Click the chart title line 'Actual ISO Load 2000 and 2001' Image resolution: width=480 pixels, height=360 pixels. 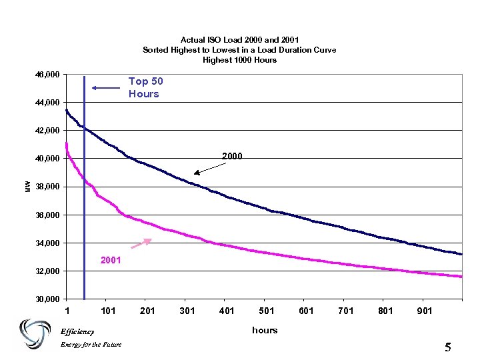point(239,40)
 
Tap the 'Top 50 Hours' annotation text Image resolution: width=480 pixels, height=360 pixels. point(145,87)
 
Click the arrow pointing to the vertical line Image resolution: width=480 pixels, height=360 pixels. point(104,87)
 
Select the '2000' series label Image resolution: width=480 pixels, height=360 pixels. point(232,156)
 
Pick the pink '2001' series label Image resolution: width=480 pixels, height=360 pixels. point(111,260)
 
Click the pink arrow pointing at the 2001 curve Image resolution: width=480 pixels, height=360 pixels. point(141,243)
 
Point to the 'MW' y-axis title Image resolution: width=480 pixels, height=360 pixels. point(27,186)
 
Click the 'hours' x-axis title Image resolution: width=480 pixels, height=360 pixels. point(265,330)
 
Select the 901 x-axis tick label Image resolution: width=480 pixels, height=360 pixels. point(424,311)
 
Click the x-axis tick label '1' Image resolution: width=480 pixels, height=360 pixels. point(67,311)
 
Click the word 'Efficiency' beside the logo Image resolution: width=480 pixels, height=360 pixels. point(77,331)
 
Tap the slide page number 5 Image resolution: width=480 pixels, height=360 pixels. point(447,347)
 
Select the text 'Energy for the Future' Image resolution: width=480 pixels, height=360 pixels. point(87,345)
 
